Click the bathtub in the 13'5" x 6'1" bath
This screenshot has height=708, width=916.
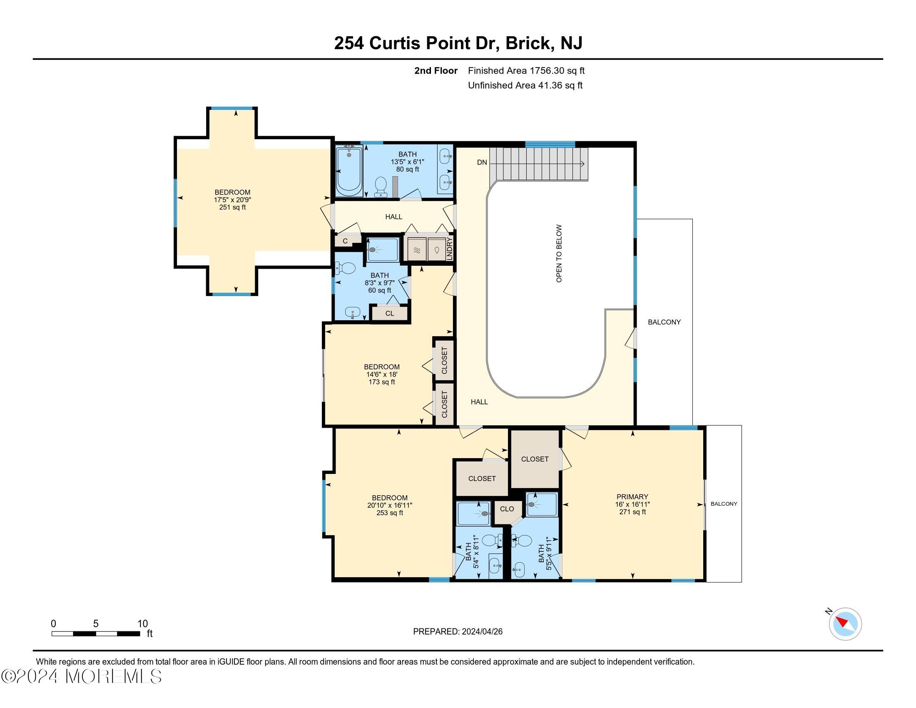(x=349, y=172)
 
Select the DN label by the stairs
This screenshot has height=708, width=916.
(x=482, y=162)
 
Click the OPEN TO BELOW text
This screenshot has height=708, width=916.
(x=559, y=253)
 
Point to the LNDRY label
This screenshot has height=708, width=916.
(x=450, y=249)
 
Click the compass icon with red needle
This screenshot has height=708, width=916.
(x=845, y=623)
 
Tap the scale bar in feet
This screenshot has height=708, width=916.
(x=96, y=633)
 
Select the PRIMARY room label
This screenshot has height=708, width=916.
(x=632, y=496)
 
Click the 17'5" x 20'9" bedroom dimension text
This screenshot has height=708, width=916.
(x=232, y=199)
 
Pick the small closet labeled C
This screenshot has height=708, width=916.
(x=345, y=241)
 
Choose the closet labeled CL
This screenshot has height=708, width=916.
(x=390, y=313)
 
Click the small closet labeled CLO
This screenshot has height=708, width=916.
(x=507, y=509)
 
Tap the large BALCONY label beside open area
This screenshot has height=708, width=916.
(x=664, y=322)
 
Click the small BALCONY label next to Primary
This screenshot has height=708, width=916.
(x=724, y=504)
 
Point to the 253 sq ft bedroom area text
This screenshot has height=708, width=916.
(x=390, y=513)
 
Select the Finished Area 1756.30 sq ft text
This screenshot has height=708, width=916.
(x=526, y=70)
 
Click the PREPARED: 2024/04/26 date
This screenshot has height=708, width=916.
(x=458, y=631)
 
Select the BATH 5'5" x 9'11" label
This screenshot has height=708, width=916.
(x=545, y=556)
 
